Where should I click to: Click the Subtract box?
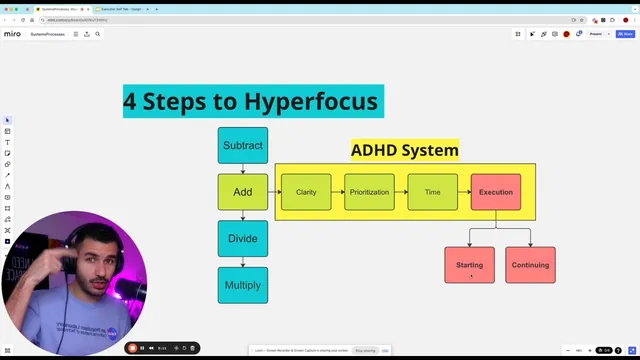pyautogui.click(x=243, y=145)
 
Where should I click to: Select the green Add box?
pyautogui.click(x=243, y=192)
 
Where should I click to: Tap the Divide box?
pyautogui.click(x=243, y=238)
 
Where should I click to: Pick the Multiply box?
pyautogui.click(x=243, y=285)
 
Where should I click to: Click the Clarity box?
pyautogui.click(x=306, y=192)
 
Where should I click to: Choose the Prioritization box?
pyautogui.click(x=369, y=192)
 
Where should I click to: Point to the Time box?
pyautogui.click(x=432, y=192)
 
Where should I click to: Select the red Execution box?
pyautogui.click(x=496, y=192)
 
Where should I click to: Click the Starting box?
pyautogui.click(x=469, y=265)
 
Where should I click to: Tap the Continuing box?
pyautogui.click(x=530, y=265)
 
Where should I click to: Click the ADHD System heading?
pyautogui.click(x=404, y=150)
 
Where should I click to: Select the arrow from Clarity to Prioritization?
pyautogui.click(x=338, y=192)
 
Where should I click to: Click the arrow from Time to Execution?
pyautogui.click(x=464, y=192)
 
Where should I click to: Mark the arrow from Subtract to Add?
pyautogui.click(x=243, y=169)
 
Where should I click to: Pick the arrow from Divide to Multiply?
pyautogui.click(x=243, y=262)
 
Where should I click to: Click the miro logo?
pyautogui.click(x=12, y=34)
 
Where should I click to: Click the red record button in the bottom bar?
pyautogui.click(x=132, y=348)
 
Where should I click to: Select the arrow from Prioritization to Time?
pyautogui.click(x=401, y=192)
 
